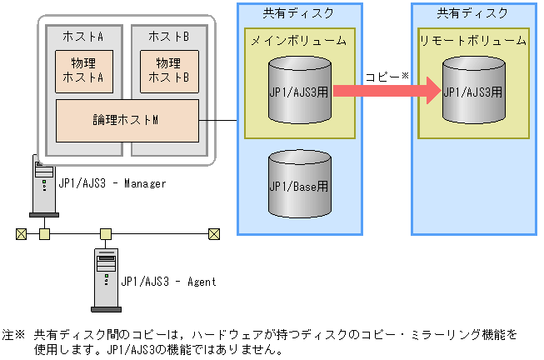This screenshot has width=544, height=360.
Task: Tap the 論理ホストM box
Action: [127, 120]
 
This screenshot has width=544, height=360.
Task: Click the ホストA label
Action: [83, 37]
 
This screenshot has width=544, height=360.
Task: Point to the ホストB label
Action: [169, 37]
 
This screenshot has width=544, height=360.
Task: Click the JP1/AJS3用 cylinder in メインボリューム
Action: [299, 90]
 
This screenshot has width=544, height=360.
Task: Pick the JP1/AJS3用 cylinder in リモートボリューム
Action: [472, 90]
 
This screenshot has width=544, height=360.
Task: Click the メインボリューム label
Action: [299, 40]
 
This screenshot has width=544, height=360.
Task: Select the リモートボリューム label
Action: [472, 40]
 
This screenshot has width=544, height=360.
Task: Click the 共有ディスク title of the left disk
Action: [299, 12]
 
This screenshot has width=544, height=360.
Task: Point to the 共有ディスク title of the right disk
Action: [472, 12]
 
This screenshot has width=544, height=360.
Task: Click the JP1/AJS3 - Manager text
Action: [112, 183]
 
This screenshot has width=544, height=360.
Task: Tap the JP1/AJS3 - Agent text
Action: [168, 282]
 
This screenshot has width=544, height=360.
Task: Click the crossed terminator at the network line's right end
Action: [213, 233]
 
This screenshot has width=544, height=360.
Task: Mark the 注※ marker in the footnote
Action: [14, 334]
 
